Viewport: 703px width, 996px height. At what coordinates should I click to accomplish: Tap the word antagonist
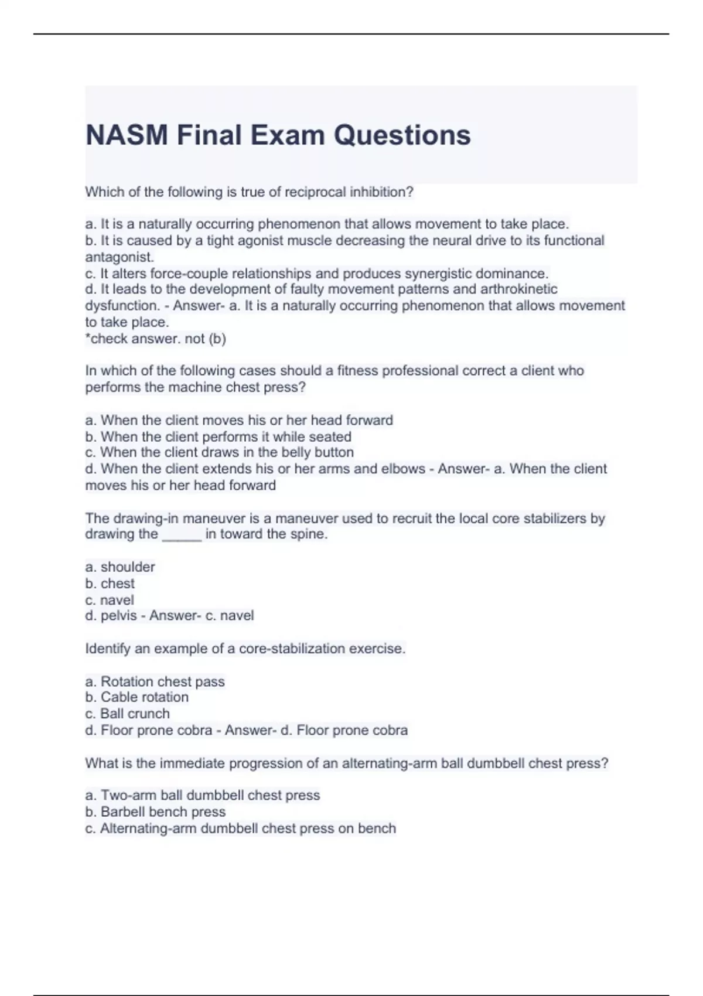point(119,257)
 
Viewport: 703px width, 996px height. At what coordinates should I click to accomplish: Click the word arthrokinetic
point(518,289)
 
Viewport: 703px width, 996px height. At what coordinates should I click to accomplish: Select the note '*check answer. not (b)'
point(156,339)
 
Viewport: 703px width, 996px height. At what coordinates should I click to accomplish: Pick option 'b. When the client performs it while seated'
point(219,436)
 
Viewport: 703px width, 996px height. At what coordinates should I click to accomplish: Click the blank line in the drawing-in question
point(182,534)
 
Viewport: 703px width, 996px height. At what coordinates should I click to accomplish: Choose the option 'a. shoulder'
point(120,567)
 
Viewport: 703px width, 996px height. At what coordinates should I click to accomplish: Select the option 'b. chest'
point(110,584)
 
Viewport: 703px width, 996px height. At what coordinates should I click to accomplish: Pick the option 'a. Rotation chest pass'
point(155,681)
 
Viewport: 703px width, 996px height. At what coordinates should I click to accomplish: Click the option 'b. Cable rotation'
point(137,697)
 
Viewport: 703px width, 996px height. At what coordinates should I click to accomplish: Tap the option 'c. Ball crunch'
point(128,714)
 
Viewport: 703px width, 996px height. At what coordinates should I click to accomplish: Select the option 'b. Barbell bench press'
point(156,812)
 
